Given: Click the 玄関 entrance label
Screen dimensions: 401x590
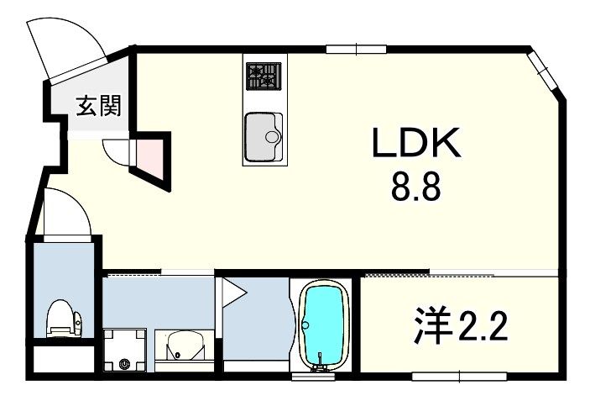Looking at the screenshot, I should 99,106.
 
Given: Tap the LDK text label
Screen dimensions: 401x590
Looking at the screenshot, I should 417,145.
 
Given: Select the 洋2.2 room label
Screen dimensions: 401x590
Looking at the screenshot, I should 461,325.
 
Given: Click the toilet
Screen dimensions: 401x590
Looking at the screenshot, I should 64,319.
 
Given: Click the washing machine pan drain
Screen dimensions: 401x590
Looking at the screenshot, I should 123,364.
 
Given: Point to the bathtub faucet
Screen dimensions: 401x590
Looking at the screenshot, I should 319,365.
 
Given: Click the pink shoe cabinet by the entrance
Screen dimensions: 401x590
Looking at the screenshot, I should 148,156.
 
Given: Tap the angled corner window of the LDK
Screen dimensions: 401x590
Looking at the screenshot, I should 543,71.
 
